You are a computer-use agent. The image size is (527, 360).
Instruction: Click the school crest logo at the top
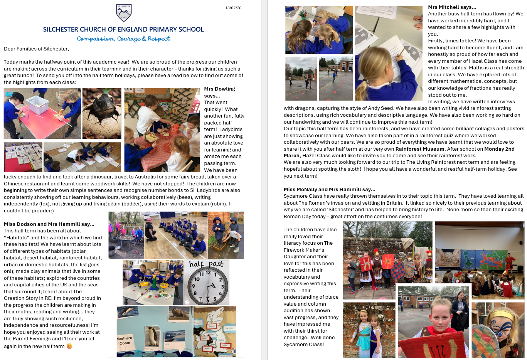(124, 13)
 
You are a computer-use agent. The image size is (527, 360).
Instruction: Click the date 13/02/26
(233, 8)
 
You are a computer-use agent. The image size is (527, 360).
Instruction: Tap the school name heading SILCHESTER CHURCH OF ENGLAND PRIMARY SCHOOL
(123, 29)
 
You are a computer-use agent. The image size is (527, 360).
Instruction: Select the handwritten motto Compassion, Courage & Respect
(123, 39)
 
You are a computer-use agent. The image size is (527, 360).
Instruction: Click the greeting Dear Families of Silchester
(36, 49)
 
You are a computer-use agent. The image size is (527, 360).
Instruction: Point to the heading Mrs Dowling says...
(219, 92)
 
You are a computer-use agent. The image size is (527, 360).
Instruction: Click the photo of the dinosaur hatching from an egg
(102, 113)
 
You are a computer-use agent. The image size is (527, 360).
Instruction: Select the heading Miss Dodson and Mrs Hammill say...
(49, 224)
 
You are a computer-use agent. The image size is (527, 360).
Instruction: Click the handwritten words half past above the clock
(206, 264)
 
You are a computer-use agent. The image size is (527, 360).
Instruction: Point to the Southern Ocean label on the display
(125, 340)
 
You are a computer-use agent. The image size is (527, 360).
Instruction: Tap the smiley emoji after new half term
(70, 346)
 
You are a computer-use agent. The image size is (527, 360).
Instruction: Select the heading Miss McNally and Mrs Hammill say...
(329, 189)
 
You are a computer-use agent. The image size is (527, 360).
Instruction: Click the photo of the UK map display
(214, 331)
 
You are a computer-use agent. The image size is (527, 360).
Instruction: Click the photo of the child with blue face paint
(498, 330)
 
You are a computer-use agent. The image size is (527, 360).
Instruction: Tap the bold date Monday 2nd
(499, 149)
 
